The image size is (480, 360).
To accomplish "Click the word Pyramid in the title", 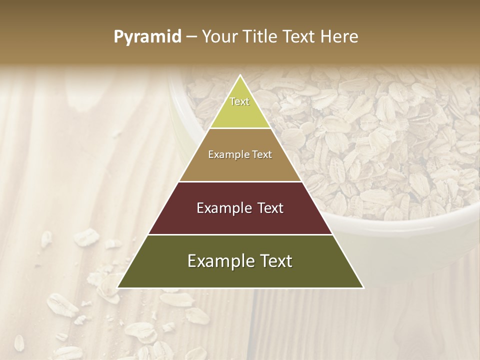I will (147, 37).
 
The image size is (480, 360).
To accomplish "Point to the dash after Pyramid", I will (191, 37).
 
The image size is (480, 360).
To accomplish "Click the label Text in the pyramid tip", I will (239, 101).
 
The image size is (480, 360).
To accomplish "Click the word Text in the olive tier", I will (274, 261).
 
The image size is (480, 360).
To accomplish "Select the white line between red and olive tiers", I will (240, 234).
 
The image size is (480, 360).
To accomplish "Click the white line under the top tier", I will (240, 128).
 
